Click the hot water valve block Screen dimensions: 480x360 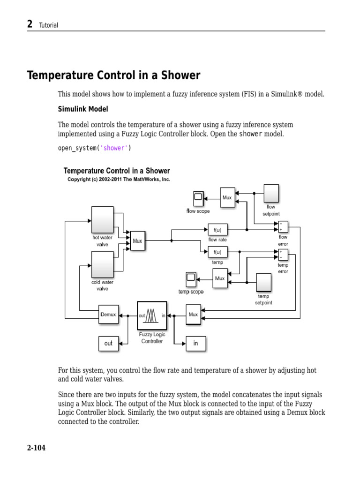tap(102, 220)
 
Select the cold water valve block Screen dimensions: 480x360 tap(102, 264)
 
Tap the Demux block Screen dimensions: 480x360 tap(108, 315)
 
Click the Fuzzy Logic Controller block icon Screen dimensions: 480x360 tap(152, 315)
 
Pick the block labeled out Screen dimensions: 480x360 tap(108, 343)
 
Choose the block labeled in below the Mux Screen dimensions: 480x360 tap(196, 343)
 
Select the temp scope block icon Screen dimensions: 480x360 tap(190, 279)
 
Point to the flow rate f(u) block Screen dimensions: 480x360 tap(217, 230)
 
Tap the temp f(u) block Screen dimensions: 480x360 tap(217, 252)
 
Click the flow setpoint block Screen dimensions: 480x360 tap(271, 193)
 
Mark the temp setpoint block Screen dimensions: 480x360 tap(263, 283)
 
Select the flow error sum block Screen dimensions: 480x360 tap(283, 227)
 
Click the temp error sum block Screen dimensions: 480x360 tap(283, 255)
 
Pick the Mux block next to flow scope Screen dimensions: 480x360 tap(227, 198)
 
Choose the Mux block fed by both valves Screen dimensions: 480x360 tap(137, 241)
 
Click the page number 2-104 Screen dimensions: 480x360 tap(36, 448)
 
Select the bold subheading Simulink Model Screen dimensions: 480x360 tap(83, 109)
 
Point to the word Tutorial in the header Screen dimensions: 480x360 tap(49, 25)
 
